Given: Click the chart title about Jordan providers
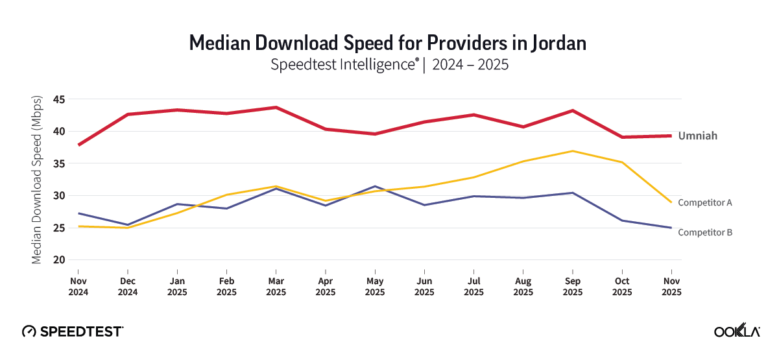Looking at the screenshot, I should (388, 43).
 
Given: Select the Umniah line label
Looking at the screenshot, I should (697, 136).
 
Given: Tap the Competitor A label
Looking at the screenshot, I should (704, 202).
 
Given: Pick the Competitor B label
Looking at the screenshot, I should (704, 232).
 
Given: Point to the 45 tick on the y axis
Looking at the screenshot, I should (60, 99).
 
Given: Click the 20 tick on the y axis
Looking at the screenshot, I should (60, 260).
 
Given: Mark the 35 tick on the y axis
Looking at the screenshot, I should (60, 163).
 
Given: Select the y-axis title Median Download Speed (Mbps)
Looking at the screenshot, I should (37, 180).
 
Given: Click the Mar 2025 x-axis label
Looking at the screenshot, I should (276, 287).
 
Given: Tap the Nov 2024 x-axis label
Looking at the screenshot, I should (78, 287).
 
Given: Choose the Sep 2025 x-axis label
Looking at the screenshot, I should (572, 287).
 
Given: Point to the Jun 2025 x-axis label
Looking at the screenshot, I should (424, 287).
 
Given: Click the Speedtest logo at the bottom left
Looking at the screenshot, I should (73, 331).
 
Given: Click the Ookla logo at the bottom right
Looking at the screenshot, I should (737, 331).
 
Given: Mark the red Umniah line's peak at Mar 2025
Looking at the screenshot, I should (276, 107).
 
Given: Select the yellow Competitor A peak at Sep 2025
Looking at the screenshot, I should (572, 151).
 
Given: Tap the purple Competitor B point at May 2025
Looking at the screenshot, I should (375, 186).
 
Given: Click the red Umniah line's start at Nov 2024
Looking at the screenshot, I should (78, 145).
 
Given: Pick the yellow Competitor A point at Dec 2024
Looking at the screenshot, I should (128, 228).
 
